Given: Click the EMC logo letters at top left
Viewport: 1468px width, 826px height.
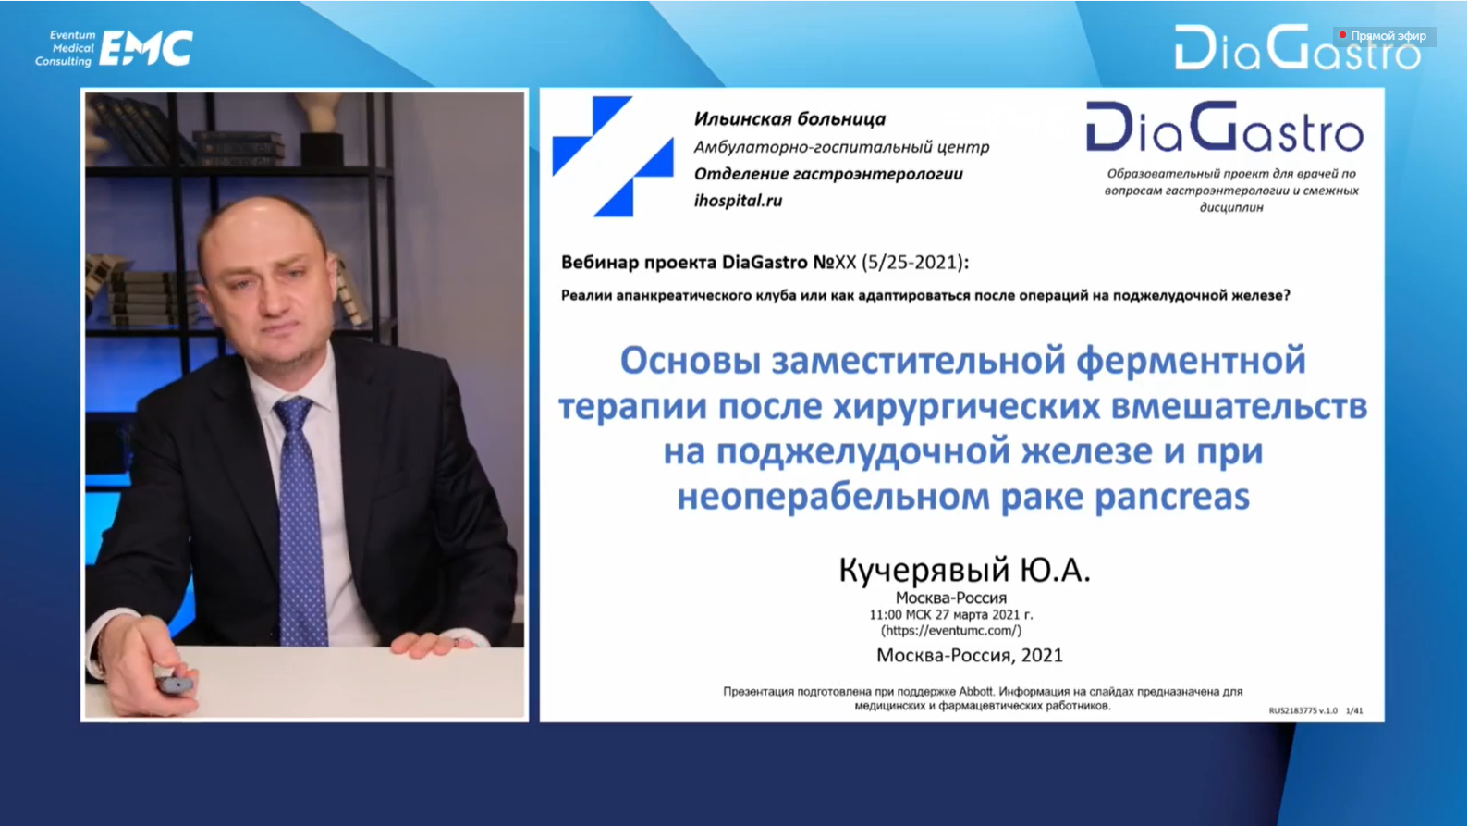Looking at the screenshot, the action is (146, 48).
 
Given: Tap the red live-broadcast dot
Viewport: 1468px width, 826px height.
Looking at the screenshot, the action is (1342, 35).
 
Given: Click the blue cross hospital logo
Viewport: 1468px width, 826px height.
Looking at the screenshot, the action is (613, 156).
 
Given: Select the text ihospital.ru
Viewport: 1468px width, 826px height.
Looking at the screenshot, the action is (738, 201).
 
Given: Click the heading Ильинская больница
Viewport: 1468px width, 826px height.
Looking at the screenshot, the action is (789, 118).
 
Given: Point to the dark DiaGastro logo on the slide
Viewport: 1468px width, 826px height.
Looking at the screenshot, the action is (1225, 127).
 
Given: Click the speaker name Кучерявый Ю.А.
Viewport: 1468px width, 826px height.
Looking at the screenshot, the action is (965, 569).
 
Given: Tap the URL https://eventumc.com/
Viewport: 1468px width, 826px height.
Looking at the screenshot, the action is (951, 631).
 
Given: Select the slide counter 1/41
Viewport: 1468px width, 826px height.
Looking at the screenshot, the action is (1354, 710).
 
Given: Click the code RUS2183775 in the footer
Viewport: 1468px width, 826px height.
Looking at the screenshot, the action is (1292, 710).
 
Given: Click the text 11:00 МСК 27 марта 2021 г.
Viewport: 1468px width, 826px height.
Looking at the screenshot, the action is (951, 615).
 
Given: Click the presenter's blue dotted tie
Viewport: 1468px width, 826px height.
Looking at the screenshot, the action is (301, 518).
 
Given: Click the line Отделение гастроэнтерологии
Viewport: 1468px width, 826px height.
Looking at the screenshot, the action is (828, 174).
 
